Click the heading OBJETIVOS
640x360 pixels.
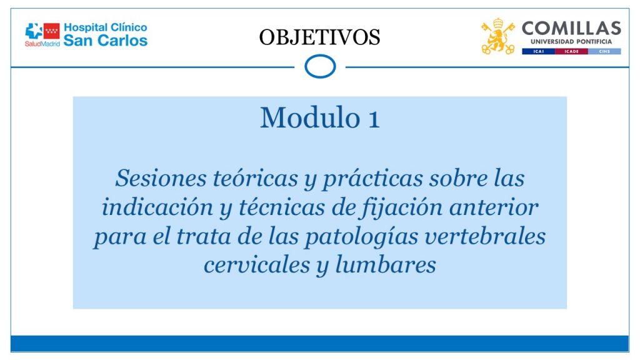[x=319, y=37]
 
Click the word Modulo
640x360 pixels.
[x=310, y=118]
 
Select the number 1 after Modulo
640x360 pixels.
[x=374, y=119]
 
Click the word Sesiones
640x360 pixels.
[x=161, y=178]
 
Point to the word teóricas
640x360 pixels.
[x=256, y=178]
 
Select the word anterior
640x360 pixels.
[x=494, y=207]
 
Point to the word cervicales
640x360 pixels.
[x=257, y=265]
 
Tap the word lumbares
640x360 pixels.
[x=385, y=265]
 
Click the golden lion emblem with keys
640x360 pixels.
[x=497, y=36]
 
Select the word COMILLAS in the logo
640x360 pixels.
[x=571, y=29]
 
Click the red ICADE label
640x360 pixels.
[x=571, y=51]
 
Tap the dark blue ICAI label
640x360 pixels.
[x=538, y=51]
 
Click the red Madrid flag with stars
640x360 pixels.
[x=52, y=31]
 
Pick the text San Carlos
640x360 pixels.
[x=105, y=41]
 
